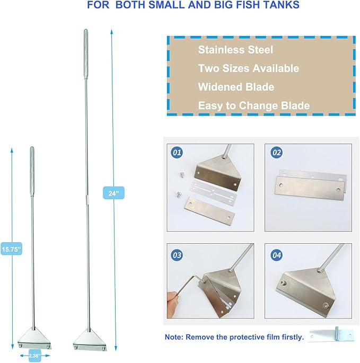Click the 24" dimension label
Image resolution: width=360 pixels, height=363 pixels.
pos(113,193)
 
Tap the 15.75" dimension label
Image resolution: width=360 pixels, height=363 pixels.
pos(11,249)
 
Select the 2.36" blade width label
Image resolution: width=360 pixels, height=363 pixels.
pos(35,356)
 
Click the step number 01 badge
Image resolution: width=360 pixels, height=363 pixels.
pos(177,153)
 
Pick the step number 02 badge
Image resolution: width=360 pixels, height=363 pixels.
pos(277,153)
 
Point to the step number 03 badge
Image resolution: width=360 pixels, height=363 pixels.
pos(177,255)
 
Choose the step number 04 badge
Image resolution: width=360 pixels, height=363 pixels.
pos(277,255)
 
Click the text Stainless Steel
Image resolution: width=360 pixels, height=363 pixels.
pos(235,50)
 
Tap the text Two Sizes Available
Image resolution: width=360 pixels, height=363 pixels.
pos(249,68)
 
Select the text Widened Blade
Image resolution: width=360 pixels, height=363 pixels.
pos(236,87)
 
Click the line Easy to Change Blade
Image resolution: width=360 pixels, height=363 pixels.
pos(254,105)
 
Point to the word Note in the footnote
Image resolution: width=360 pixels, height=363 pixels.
pos(173,337)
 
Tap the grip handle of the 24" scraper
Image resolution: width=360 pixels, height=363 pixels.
pos(86,54)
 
